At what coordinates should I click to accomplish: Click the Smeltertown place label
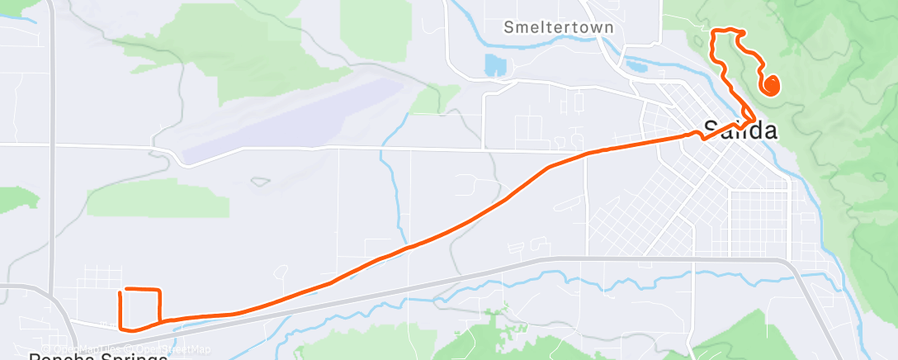tap(559, 27)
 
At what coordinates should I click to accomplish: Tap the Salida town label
tap(740, 130)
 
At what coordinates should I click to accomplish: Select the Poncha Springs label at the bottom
tap(99, 356)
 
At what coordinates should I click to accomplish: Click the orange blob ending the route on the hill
tap(772, 85)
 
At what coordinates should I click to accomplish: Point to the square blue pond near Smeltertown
tap(494, 64)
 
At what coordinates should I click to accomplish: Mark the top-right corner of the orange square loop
tap(158, 290)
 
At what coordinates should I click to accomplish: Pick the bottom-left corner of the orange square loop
tap(122, 326)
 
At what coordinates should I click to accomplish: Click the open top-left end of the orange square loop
tap(122, 291)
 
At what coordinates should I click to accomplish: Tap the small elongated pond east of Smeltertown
tap(638, 64)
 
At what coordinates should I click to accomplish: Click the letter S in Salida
tap(711, 130)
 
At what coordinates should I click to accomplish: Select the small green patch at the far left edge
tap(17, 199)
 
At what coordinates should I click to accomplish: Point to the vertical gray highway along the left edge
tap(51, 165)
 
